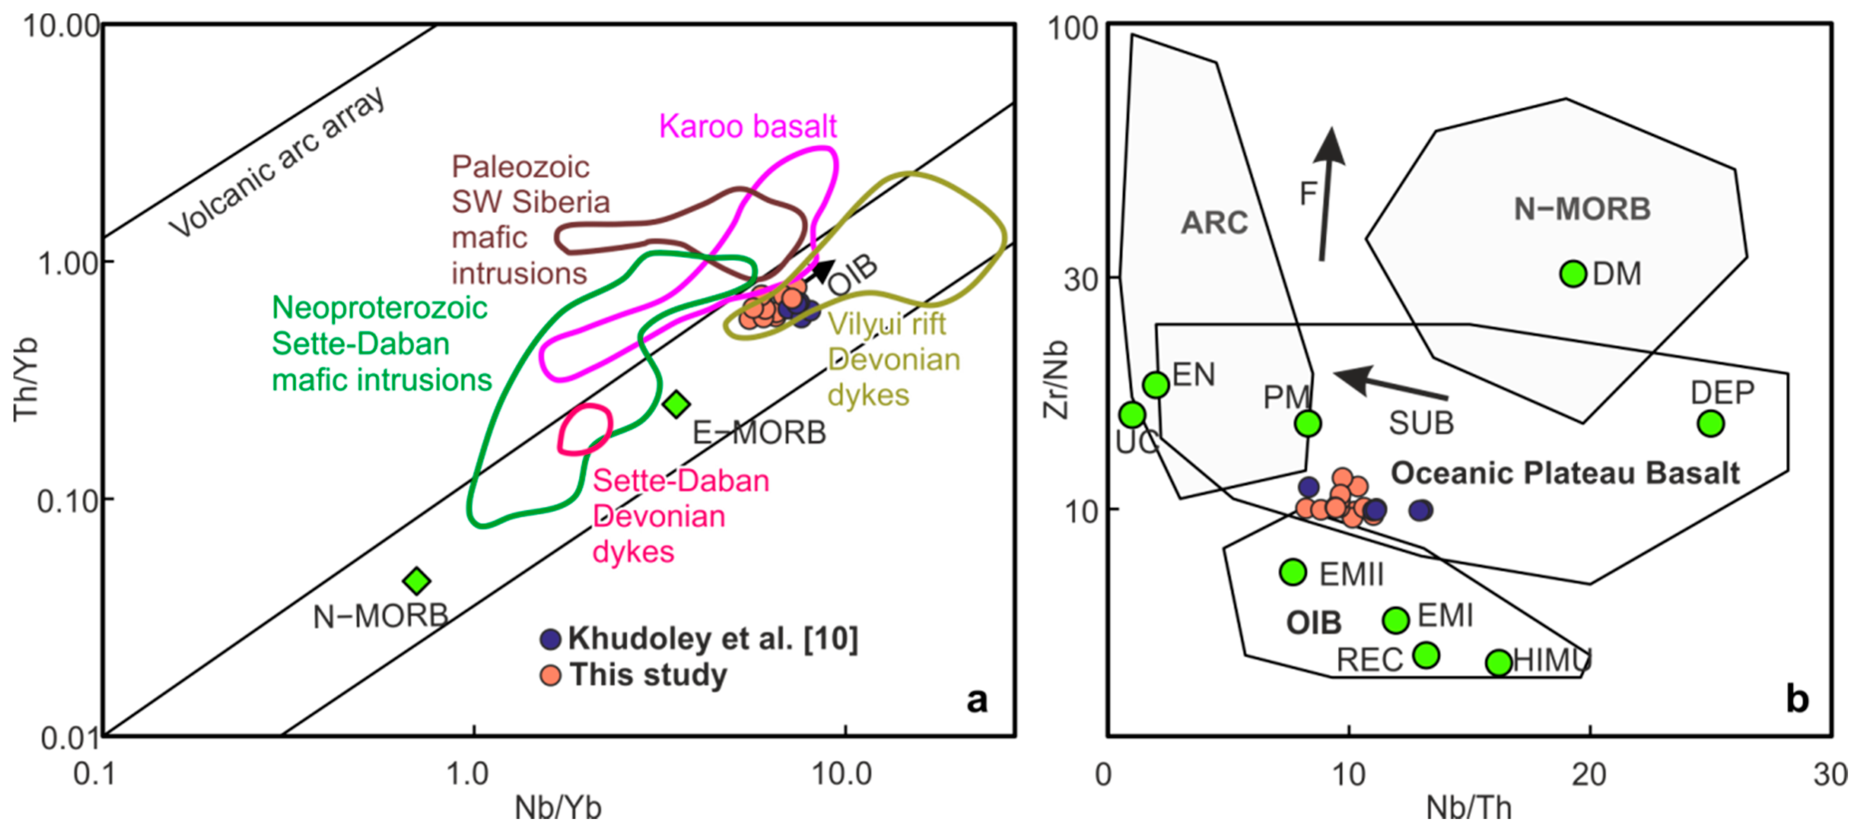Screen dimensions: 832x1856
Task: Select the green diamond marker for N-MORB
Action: pyautogui.click(x=416, y=580)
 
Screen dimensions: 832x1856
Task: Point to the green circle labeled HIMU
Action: pyautogui.click(x=1499, y=662)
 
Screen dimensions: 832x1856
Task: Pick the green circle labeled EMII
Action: pyautogui.click(x=1293, y=572)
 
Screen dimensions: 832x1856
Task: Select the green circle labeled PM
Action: pyautogui.click(x=1308, y=423)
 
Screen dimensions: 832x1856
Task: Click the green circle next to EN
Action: pyautogui.click(x=1156, y=384)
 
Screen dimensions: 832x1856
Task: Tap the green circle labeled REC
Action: pyautogui.click(x=1426, y=655)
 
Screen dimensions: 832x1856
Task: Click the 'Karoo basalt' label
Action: pyautogui.click(x=747, y=126)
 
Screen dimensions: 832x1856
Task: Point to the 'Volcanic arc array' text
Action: pyautogui.click(x=277, y=163)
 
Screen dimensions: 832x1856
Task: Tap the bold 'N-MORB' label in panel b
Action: pyautogui.click(x=1582, y=209)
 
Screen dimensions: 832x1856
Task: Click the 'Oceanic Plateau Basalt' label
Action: pyautogui.click(x=1564, y=473)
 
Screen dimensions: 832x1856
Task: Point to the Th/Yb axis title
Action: pyautogui.click(x=26, y=380)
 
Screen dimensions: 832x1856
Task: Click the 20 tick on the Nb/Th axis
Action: pyautogui.click(x=1589, y=774)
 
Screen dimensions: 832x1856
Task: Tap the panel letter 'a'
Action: pyautogui.click(x=976, y=699)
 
